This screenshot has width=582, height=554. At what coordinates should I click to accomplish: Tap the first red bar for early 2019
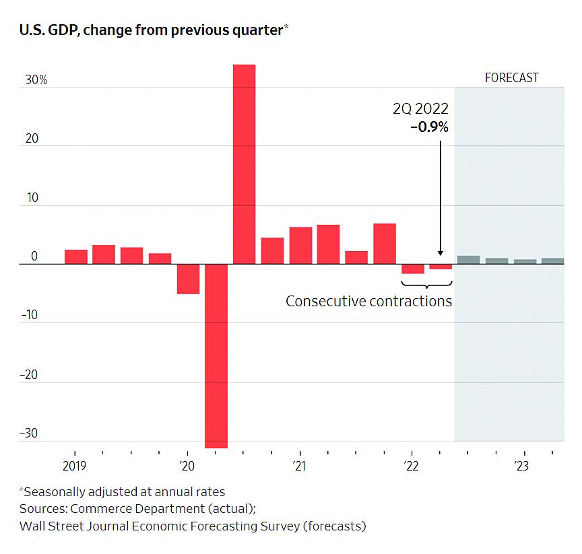75,256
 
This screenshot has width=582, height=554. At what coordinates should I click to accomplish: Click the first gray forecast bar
468,260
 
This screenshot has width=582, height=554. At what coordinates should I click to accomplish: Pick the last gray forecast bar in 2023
552,261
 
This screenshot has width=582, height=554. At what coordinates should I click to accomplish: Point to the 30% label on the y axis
36,80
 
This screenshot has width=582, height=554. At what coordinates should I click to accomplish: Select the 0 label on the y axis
34,257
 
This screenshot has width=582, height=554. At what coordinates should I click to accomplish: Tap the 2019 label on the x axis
74,466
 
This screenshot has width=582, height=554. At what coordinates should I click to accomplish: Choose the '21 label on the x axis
299,466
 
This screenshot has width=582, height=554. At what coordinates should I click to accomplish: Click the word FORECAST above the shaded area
512,78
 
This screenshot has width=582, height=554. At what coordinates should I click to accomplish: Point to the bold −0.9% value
429,126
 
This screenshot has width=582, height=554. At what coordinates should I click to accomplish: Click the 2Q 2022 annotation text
421,109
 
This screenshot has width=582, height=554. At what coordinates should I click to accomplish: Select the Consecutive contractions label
368,301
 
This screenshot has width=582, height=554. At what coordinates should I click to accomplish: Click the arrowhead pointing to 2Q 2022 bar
440,252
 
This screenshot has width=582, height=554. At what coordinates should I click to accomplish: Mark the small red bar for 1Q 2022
412,269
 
